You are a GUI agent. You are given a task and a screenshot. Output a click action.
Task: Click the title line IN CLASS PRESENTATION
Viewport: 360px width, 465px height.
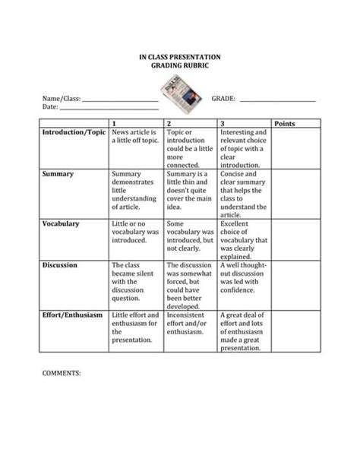click(x=180, y=57)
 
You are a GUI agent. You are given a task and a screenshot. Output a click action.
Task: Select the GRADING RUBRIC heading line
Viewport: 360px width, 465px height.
click(x=180, y=66)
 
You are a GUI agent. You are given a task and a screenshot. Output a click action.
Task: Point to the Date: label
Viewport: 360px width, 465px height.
click(x=50, y=107)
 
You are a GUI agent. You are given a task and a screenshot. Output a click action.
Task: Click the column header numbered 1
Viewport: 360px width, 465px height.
click(x=114, y=123)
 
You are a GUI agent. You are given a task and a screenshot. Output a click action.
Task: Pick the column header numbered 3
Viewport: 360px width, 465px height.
click(x=222, y=123)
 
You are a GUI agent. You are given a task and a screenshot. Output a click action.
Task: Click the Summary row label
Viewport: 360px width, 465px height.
click(x=58, y=174)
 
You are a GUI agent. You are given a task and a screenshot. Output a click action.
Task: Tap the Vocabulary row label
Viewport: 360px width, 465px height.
click(x=61, y=224)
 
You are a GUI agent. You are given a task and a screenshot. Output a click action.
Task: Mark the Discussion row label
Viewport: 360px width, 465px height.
click(x=59, y=266)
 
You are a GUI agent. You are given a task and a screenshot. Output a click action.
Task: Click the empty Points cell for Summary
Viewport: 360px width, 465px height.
click(x=296, y=194)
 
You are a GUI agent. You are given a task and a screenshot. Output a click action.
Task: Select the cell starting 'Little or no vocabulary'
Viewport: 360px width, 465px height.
click(x=135, y=232)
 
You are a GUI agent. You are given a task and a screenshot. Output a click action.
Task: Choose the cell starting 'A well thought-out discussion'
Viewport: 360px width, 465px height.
click(x=243, y=277)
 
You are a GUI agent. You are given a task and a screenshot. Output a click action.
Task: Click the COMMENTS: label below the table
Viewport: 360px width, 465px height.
click(x=61, y=374)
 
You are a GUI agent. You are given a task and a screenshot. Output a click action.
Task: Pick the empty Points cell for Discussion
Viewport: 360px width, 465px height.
click(x=296, y=286)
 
